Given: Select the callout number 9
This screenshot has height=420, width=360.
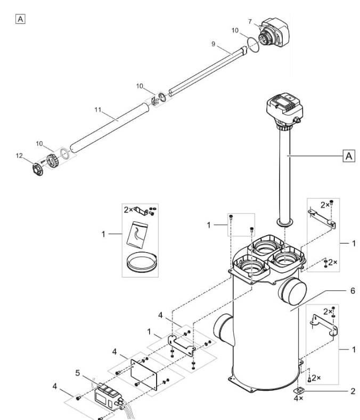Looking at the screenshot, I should click(213, 44).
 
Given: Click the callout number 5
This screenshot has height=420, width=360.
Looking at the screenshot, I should click(78, 373).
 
